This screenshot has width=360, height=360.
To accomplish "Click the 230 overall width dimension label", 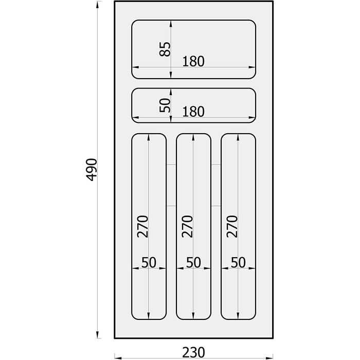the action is click(x=193, y=352).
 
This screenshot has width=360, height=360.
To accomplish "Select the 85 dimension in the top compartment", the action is click(x=165, y=49).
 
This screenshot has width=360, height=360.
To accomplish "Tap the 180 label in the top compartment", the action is click(x=193, y=61).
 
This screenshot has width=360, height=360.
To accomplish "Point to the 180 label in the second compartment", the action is click(x=193, y=112).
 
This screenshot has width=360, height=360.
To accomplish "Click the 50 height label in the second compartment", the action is click(x=165, y=105).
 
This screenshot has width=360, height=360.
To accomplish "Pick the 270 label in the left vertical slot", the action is click(x=142, y=226).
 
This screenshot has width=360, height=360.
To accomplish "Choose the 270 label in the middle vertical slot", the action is click(x=187, y=226).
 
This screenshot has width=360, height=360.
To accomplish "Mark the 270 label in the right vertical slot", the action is click(x=232, y=226).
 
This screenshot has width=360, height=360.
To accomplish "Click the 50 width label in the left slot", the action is click(x=149, y=262).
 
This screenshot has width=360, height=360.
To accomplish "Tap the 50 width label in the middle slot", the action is click(x=193, y=262).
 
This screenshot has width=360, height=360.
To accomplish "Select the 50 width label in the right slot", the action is click(x=238, y=262).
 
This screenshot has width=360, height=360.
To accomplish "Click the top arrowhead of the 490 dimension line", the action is click(x=97, y=5).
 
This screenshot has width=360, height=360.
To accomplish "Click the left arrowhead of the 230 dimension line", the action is click(x=118, y=358).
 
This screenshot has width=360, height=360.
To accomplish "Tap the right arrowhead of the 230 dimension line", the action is click(x=269, y=358).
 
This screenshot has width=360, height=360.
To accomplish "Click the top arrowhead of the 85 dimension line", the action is click(x=171, y=24).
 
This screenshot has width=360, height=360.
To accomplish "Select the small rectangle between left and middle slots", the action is click(x=171, y=185).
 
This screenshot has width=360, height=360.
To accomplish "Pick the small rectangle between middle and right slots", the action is click(x=216, y=185).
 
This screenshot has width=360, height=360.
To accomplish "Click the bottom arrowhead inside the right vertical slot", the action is click(x=238, y=315).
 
